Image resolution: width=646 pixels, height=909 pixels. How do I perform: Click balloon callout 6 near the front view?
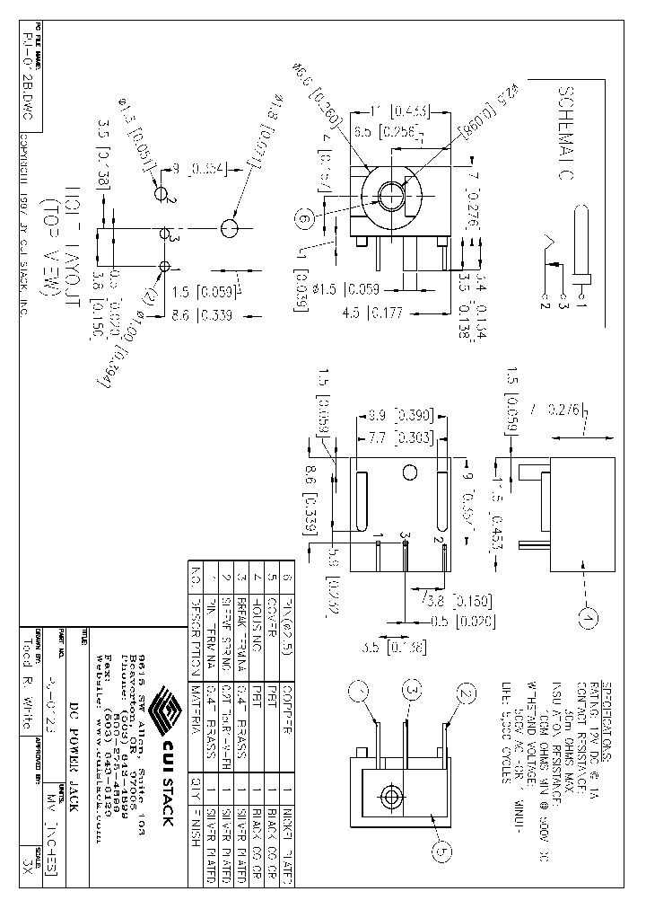[x=304, y=219]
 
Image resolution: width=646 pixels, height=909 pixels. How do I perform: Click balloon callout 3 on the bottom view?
[x=412, y=691]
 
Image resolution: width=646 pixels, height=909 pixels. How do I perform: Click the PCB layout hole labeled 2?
[x=162, y=193]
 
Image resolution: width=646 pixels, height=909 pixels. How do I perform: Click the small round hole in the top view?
[x=408, y=472]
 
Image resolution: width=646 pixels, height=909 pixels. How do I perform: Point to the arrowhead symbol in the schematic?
[x=546, y=243]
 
